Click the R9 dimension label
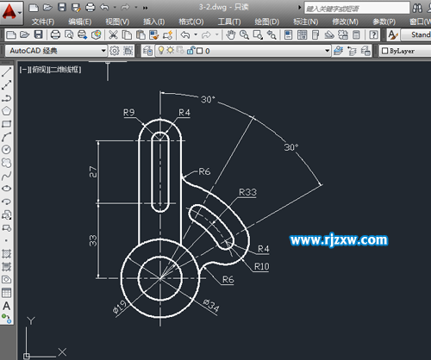pyautogui.click(x=129, y=112)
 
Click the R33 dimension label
pyautogui.click(x=248, y=191)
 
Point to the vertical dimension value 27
pyautogui.click(x=93, y=173)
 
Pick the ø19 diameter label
pyautogui.click(x=122, y=302)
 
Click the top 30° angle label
pyautogui.click(x=207, y=100)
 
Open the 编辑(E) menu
pyautogui.click(x=81, y=21)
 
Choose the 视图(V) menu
pyautogui.click(x=118, y=21)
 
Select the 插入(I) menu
pyautogui.click(x=155, y=21)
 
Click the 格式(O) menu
pyautogui.click(x=192, y=21)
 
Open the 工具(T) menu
pyautogui.click(x=229, y=21)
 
